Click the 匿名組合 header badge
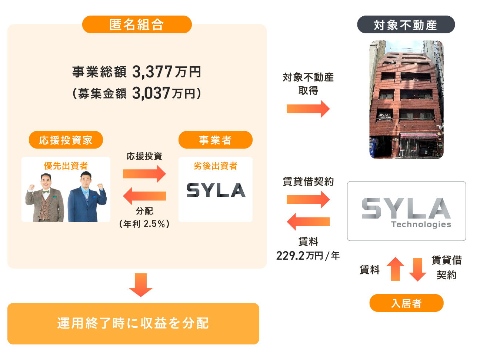(x=137, y=24)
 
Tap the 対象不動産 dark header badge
(x=406, y=25)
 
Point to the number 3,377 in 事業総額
(x=152, y=72)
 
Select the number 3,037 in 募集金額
(x=151, y=93)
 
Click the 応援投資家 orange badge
(x=66, y=140)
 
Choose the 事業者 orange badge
(x=215, y=140)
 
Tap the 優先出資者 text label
(x=66, y=166)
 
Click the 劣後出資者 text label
(x=215, y=166)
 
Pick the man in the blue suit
(x=87, y=198)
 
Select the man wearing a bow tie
(x=45, y=198)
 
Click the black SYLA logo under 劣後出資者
(x=216, y=190)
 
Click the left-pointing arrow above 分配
(x=144, y=196)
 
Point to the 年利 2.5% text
(x=144, y=224)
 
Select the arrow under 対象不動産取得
(x=308, y=109)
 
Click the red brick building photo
(x=406, y=100)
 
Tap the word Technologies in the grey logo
(x=421, y=224)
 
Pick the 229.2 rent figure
(x=290, y=256)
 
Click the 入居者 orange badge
(x=406, y=303)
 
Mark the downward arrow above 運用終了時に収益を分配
(x=141, y=285)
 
